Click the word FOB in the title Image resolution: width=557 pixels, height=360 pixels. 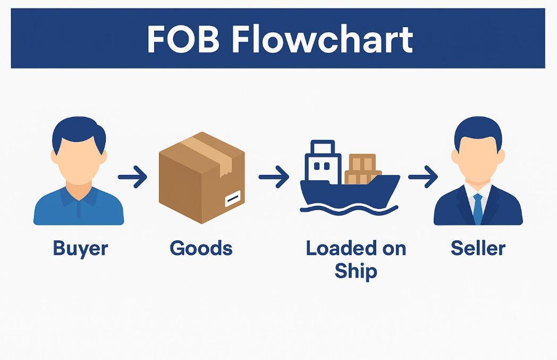coord(183,40)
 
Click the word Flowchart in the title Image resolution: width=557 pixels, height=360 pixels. coord(323,40)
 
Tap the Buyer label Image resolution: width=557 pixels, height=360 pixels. coord(80,248)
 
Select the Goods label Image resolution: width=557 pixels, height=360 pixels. coord(201,248)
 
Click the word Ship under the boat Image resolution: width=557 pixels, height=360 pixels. coord(356,271)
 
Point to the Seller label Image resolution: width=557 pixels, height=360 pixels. coord(478,248)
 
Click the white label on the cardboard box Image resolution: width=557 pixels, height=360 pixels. coord(232,200)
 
